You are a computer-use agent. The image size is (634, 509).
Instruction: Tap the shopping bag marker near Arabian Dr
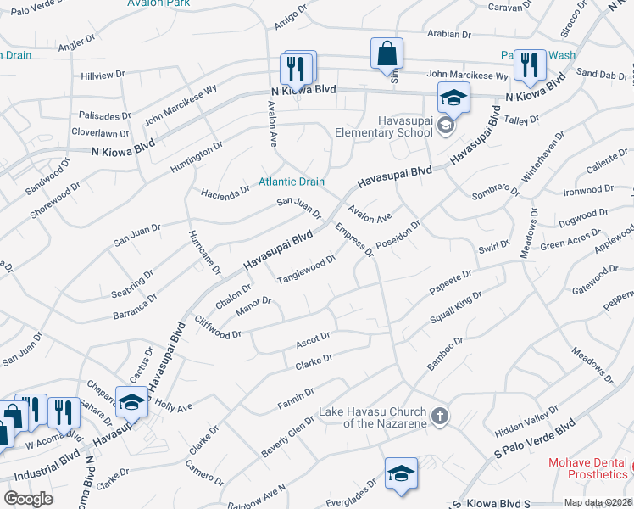coord(387,53)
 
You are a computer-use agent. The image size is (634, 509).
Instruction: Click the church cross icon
coord(438,417)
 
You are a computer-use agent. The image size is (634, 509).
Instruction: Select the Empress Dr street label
coord(354,240)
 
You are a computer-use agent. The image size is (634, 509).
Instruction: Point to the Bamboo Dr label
coord(445,354)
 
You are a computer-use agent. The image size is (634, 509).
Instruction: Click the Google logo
coord(28,498)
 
